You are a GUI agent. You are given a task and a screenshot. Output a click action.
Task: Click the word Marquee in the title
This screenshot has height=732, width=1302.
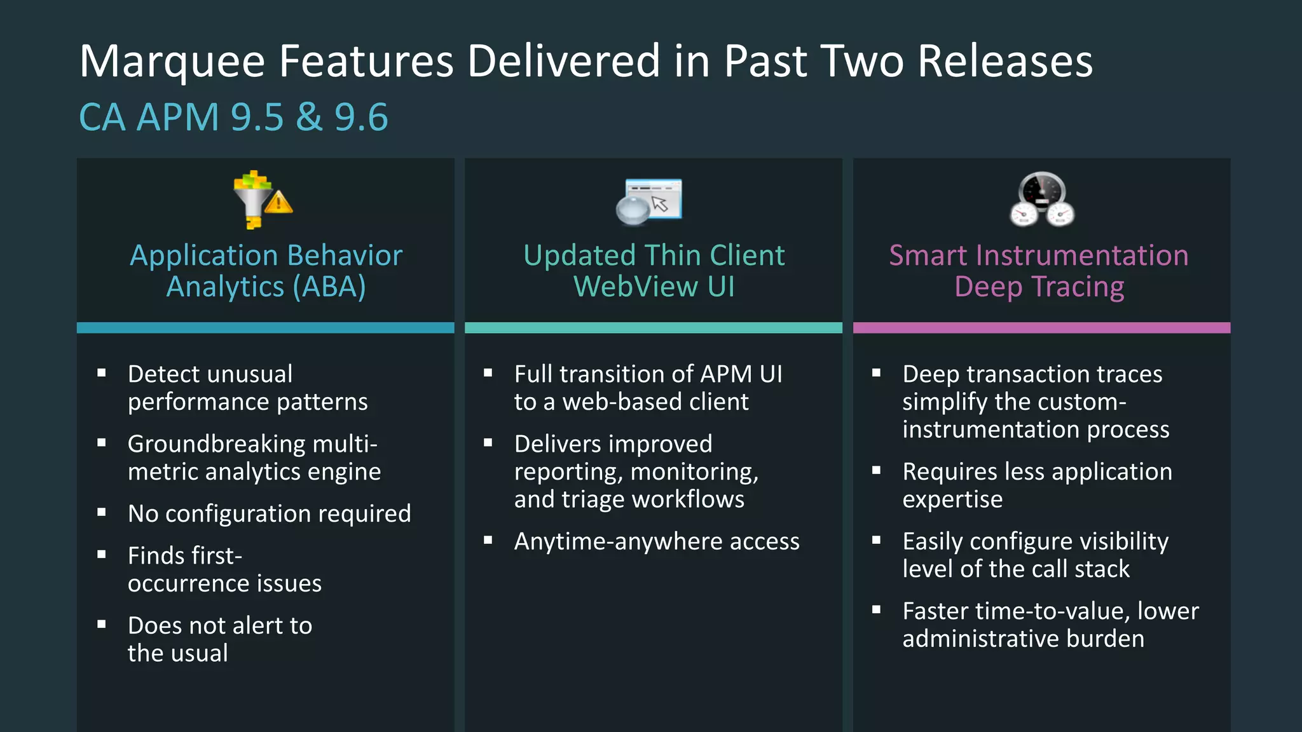(x=172, y=62)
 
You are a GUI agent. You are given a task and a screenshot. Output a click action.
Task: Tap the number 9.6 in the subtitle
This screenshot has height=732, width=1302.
(x=360, y=118)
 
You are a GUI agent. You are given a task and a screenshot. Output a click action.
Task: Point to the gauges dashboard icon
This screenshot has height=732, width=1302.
(x=1042, y=200)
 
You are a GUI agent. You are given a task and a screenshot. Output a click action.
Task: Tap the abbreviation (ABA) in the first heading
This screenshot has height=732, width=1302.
(x=329, y=287)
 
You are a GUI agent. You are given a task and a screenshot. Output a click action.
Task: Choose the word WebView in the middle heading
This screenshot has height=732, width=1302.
(x=635, y=287)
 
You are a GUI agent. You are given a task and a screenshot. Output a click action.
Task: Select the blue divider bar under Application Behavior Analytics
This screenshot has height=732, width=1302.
(x=266, y=328)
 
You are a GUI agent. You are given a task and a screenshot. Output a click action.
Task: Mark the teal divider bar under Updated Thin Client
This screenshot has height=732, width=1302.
(x=654, y=328)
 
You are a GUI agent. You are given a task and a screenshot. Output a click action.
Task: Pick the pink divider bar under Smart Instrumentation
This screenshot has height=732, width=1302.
(x=1041, y=328)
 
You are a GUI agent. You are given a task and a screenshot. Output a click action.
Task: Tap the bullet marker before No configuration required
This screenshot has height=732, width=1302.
(x=102, y=512)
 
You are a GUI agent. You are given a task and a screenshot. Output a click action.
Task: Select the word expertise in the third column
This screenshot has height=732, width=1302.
(x=952, y=499)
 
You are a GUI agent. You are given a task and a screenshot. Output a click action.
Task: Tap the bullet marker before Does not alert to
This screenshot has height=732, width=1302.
(x=102, y=624)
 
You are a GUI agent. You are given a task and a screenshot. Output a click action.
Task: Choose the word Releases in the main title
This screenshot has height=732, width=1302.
(x=1005, y=62)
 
